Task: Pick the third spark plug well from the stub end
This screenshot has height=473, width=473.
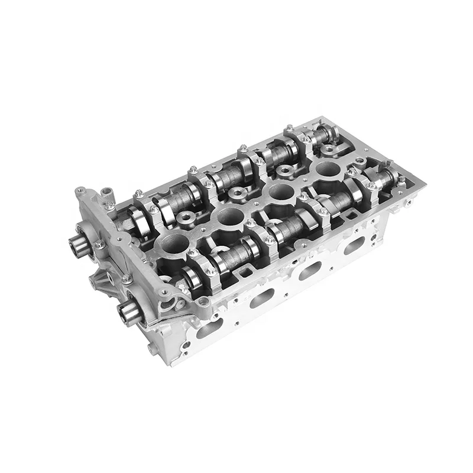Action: coord(278,192)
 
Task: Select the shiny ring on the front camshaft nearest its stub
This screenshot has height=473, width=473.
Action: coord(190,276)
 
